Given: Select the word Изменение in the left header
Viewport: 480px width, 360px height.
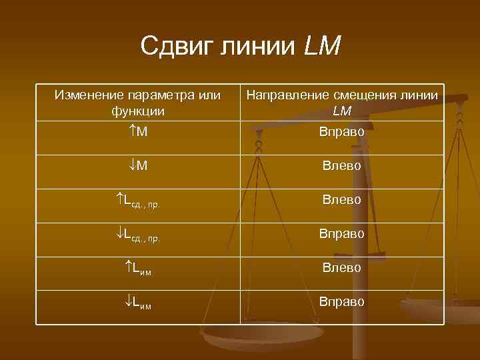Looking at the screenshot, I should (x=87, y=95).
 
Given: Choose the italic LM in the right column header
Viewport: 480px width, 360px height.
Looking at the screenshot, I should (x=342, y=111).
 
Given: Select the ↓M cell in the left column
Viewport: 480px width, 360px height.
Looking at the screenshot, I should (x=138, y=165).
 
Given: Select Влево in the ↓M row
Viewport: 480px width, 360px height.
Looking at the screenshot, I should (x=342, y=165).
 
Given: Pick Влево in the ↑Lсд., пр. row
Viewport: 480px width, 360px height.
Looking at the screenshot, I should (x=342, y=199).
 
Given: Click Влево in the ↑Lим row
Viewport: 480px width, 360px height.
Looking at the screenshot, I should (x=342, y=268).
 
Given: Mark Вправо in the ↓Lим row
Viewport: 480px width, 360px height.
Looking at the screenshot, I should (x=342, y=302).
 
